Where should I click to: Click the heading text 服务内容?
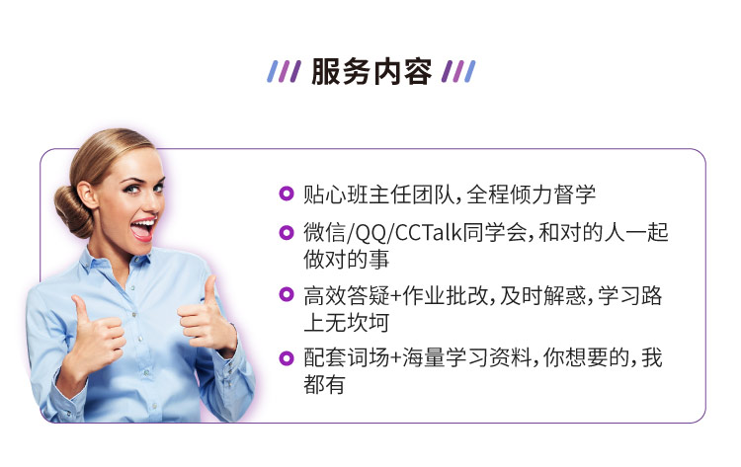click(371, 72)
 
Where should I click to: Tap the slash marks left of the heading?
click(284, 72)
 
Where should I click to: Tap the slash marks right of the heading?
click(458, 72)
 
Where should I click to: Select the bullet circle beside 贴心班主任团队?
click(287, 194)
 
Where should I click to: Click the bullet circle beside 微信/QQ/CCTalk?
click(287, 232)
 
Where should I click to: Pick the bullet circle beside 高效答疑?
click(287, 294)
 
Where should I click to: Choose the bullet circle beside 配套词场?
click(287, 358)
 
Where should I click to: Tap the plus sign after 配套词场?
click(395, 358)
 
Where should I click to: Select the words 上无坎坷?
click(347, 323)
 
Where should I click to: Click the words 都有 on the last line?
click(324, 384)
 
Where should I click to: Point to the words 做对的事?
click(347, 260)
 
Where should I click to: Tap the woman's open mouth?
click(142, 229)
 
